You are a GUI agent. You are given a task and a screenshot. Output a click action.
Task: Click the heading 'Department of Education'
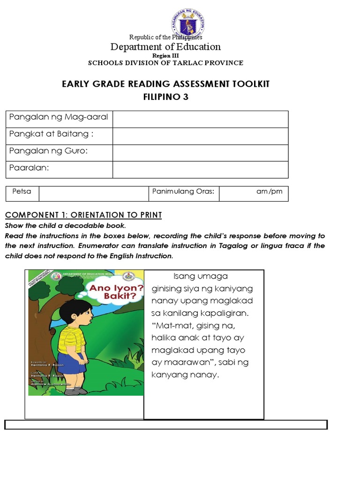[165, 46]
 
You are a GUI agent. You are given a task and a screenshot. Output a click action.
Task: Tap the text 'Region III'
[165, 55]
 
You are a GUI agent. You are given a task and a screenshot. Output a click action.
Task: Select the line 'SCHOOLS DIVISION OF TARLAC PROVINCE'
[165, 63]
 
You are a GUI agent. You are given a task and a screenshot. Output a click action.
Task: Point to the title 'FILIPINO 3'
[165, 97]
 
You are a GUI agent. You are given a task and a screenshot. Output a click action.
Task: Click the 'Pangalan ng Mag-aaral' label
[59, 117]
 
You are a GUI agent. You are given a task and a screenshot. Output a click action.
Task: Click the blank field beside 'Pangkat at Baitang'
[200, 136]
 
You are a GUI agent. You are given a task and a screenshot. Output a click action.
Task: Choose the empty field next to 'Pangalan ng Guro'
[200, 153]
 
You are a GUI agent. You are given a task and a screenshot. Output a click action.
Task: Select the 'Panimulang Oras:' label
[183, 191]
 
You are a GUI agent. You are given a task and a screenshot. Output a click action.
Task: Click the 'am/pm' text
[266, 192]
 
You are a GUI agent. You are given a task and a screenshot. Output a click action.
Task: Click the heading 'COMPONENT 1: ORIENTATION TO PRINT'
[83, 215]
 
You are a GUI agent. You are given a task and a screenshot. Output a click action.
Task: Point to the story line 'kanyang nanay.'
[185, 375]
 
